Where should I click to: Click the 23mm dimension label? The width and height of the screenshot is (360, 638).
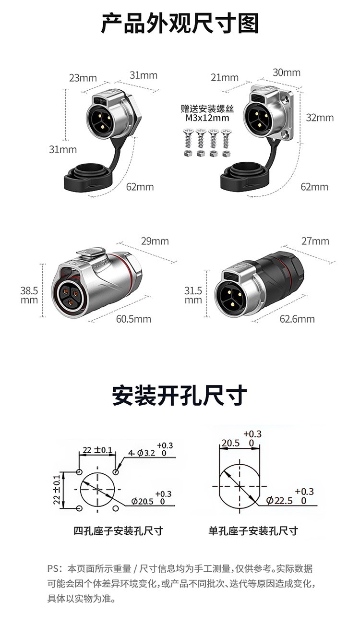click(83, 78)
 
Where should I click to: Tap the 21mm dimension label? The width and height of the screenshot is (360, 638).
click(225, 77)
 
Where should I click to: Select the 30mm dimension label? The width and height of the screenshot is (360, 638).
click(287, 72)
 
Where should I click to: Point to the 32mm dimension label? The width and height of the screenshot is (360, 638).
click(320, 118)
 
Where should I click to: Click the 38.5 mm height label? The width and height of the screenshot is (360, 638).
click(29, 295)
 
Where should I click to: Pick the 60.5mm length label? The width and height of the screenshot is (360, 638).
click(133, 319)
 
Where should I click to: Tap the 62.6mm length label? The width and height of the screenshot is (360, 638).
click(297, 319)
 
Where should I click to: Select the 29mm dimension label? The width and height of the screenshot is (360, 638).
click(155, 241)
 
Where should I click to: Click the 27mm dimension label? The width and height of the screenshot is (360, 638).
click(315, 241)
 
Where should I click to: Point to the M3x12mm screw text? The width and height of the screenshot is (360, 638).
click(207, 118)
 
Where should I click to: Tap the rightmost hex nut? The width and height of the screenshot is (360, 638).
click(226, 154)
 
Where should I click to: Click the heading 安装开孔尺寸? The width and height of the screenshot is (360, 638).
click(180, 395)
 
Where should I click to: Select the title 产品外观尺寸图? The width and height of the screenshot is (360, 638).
click(180, 24)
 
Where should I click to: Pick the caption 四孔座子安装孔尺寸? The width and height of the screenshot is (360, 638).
click(118, 531)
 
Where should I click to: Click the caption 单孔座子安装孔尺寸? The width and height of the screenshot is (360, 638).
click(253, 531)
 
